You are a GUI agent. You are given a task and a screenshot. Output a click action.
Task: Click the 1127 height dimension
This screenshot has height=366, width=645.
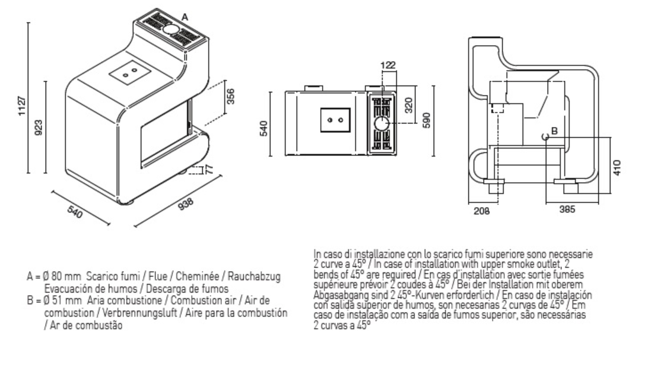click(22, 106)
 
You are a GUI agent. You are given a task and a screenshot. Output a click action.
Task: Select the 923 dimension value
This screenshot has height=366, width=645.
click(38, 128)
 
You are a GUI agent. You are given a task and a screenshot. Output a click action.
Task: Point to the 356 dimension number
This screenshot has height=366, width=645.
click(231, 96)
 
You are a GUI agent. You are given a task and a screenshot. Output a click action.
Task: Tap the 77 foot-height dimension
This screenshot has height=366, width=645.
click(209, 169)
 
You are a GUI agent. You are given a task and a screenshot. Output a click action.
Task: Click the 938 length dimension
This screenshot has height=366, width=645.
click(186, 204)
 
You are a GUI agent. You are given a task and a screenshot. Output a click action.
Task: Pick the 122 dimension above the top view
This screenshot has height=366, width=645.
click(388, 65)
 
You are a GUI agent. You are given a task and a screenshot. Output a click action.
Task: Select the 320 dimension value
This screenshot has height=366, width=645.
click(408, 105)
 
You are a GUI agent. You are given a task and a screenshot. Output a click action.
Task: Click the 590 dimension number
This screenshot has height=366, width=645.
click(427, 120)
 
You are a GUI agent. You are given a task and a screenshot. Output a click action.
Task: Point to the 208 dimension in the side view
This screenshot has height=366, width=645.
click(482, 211)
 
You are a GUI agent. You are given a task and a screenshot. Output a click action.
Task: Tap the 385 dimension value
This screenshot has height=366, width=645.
click(567, 209)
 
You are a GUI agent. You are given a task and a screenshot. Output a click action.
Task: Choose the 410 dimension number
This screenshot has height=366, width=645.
click(617, 168)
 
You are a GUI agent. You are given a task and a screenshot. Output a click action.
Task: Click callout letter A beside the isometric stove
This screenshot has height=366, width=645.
click(185, 17)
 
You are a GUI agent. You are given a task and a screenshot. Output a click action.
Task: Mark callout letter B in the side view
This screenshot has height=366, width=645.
click(554, 131)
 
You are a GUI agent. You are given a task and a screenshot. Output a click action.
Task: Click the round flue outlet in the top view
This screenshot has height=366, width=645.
click(382, 123)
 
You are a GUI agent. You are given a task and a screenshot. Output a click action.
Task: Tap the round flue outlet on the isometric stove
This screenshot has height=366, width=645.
click(171, 29)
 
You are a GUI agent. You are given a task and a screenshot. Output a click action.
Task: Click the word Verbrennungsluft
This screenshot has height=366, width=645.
click(139, 313)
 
